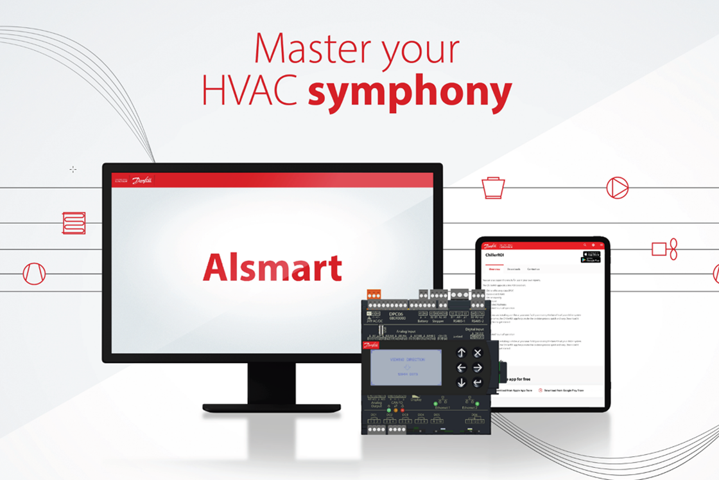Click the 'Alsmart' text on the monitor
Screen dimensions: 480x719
coord(272,267)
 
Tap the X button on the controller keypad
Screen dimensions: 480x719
coord(478,353)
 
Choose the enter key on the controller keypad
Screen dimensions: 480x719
coord(478,383)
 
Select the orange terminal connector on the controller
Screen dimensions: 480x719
coord(373,294)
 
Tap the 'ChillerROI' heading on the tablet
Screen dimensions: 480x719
coord(501,255)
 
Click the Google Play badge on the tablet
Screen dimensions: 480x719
coord(590,260)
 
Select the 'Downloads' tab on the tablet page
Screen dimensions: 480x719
coord(514,269)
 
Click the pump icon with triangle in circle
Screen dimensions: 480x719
coord(617,188)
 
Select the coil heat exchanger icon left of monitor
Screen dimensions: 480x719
coord(74,223)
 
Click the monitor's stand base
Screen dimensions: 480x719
coord(271,407)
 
